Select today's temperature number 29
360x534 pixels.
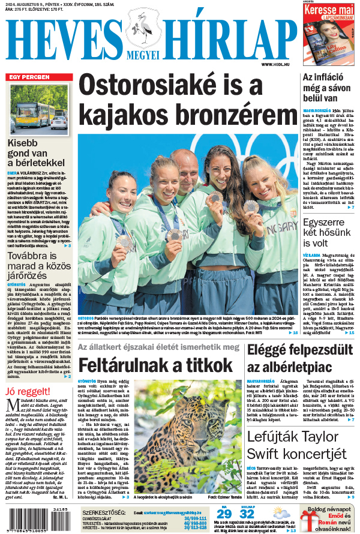pos(224,514)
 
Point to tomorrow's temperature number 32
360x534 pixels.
pos(247,514)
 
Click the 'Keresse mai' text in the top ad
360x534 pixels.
pos(332,11)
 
